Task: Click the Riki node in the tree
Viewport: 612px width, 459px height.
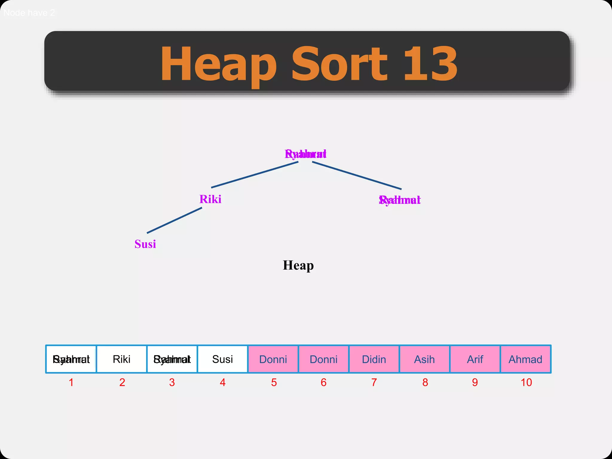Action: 210,199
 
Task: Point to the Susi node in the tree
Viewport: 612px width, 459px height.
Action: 145,244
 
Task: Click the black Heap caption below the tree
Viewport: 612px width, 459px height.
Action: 298,265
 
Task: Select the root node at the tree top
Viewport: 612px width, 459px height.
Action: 305,154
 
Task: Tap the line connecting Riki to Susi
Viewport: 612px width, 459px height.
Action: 175,220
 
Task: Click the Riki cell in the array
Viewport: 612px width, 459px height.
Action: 122,359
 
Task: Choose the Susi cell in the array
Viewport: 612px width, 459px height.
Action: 223,359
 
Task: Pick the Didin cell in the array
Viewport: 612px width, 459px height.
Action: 374,359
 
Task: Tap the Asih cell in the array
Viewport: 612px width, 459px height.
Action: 424,359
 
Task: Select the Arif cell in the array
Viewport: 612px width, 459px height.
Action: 475,359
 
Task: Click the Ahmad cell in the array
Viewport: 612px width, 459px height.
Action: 525,359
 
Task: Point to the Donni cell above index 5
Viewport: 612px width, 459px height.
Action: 273,359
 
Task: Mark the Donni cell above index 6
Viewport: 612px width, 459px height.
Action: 323,359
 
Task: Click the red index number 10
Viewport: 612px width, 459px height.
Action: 526,382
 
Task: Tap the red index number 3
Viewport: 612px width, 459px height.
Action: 172,382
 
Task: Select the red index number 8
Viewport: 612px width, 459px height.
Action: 425,382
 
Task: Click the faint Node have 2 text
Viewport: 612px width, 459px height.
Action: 29,13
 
